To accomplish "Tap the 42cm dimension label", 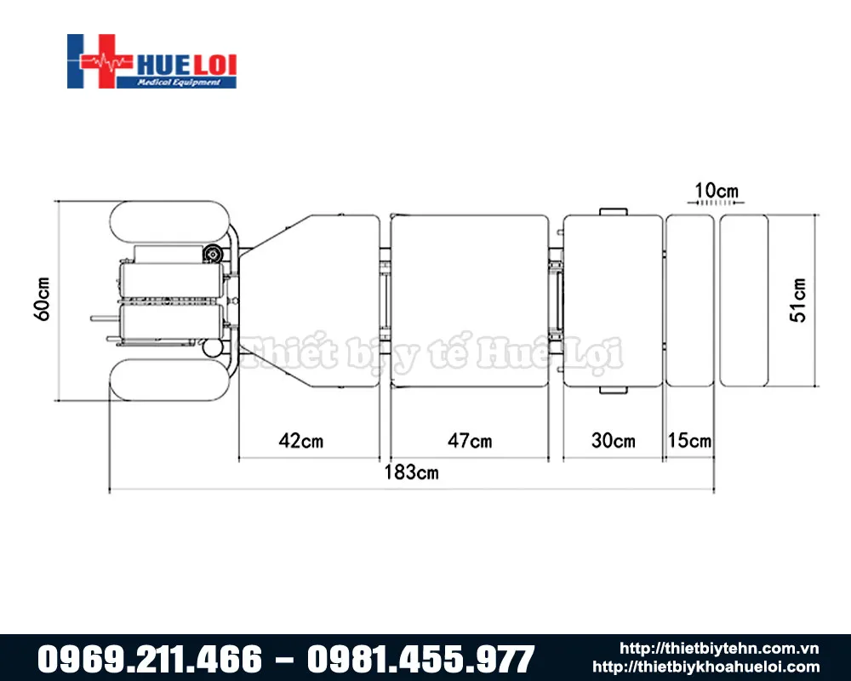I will click(x=301, y=441).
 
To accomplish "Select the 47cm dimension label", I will click(x=470, y=441).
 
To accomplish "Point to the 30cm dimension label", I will click(x=613, y=441).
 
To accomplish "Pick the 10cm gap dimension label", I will click(x=717, y=189).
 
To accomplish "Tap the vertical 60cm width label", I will click(x=43, y=299).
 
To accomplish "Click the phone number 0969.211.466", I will click(x=149, y=659).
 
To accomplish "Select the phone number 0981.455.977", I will click(x=420, y=659).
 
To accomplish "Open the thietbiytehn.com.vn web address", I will click(x=719, y=649).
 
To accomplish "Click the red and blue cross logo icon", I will click(x=95, y=61).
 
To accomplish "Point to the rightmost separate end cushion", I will click(x=744, y=300).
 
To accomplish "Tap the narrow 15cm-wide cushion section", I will click(x=689, y=300).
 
